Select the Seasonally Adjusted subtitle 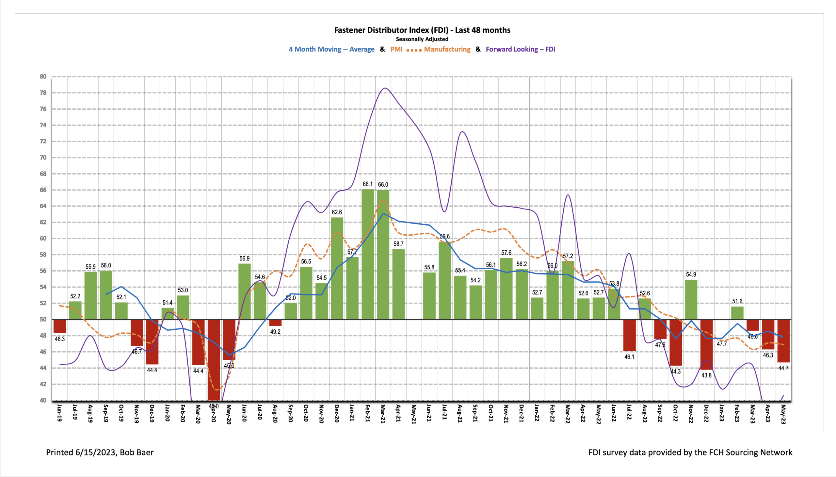tap(422, 39)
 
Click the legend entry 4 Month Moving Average tap(331, 49)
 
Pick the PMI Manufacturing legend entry tap(430, 49)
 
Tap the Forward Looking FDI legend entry tap(520, 49)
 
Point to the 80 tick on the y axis tap(43, 77)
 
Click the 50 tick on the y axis tap(43, 319)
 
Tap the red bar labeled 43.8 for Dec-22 tap(706, 344)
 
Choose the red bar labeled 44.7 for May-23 tap(783, 341)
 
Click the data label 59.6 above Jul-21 tap(444, 236)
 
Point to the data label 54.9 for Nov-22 tap(691, 275)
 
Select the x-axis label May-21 tap(414, 414)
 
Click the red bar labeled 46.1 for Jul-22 tap(629, 335)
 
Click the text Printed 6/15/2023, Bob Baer tap(100, 453)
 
